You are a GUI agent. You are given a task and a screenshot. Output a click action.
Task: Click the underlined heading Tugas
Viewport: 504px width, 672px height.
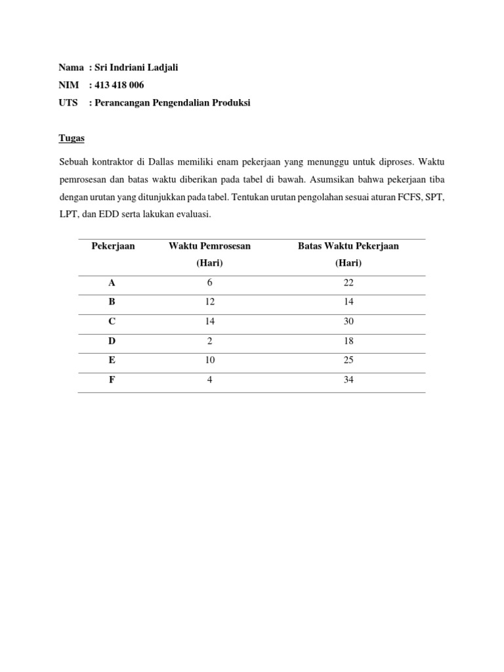coord(72,139)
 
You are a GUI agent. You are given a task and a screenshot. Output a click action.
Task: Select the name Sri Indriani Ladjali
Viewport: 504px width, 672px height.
coord(136,68)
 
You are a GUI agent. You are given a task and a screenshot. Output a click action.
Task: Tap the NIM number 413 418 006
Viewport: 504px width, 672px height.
coord(120,85)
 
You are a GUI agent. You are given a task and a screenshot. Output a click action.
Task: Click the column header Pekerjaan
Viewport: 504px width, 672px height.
coord(113,246)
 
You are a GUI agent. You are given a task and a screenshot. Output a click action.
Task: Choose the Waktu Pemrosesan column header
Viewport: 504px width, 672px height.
coord(209,246)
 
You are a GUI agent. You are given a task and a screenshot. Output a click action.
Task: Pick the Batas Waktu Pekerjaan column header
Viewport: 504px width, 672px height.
coord(348,246)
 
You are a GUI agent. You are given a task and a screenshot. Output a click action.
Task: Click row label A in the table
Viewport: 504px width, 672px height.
coord(112,283)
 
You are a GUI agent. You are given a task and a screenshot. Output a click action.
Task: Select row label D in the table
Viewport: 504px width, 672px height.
coord(112,341)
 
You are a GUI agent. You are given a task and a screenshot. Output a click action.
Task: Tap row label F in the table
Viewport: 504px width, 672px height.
coord(112,380)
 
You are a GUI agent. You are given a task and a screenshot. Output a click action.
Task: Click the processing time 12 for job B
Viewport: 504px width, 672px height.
coord(209,303)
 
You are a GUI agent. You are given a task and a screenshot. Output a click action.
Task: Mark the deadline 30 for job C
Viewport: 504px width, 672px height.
coord(348,322)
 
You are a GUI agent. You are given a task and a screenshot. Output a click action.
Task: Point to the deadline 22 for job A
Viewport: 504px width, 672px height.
coord(348,283)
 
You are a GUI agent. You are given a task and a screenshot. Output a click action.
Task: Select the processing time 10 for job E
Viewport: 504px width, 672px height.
coord(209,361)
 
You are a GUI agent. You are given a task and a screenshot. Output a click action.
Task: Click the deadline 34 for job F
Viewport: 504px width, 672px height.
coord(348,380)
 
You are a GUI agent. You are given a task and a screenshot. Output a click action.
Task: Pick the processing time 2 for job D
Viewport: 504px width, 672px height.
coord(209,341)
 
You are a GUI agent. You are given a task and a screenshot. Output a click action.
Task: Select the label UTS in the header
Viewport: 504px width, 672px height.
coord(68,103)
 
